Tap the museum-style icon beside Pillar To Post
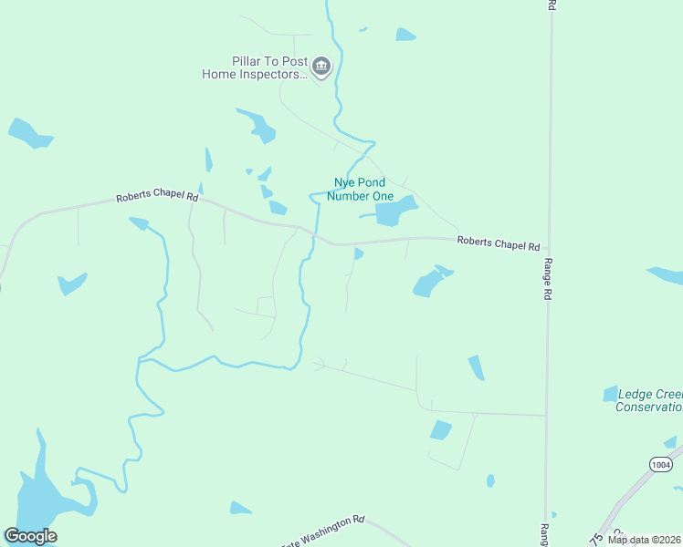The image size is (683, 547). (x=321, y=67)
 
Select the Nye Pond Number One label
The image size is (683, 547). (x=360, y=190)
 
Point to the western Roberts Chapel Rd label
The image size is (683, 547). (x=157, y=196)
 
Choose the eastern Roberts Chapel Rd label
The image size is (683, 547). (x=499, y=244)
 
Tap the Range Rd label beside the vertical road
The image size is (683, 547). (x=549, y=279)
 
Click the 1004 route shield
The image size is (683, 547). (x=662, y=465)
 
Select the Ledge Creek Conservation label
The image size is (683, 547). (x=649, y=400)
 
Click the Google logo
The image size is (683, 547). (x=30, y=536)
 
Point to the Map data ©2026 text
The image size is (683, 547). (x=644, y=540)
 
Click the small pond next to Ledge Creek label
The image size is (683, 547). (x=610, y=394)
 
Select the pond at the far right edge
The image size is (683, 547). (x=666, y=274)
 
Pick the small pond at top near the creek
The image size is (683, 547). (x=405, y=35)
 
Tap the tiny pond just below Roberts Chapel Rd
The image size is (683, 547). (x=359, y=253)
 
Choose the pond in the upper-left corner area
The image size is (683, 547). (x=29, y=133)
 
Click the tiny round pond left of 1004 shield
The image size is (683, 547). (x=490, y=480)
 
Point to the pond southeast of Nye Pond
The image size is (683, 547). (x=429, y=283)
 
